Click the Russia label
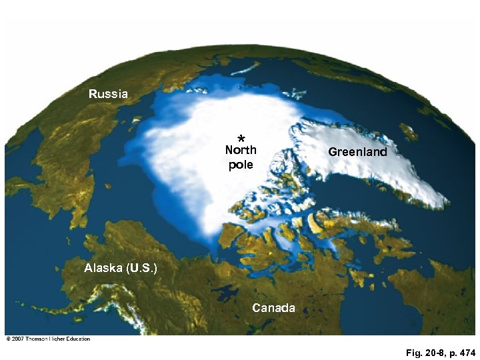[108, 94]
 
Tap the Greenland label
[357, 152]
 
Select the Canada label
[273, 307]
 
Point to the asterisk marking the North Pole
[241, 138]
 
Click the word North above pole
[241, 151]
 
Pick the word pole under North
[241, 164]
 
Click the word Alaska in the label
[103, 269]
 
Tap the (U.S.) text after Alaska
[141, 269]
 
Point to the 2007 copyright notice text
[47, 339]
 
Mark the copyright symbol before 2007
[7, 339]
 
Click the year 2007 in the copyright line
[16, 339]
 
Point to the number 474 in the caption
[465, 352]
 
